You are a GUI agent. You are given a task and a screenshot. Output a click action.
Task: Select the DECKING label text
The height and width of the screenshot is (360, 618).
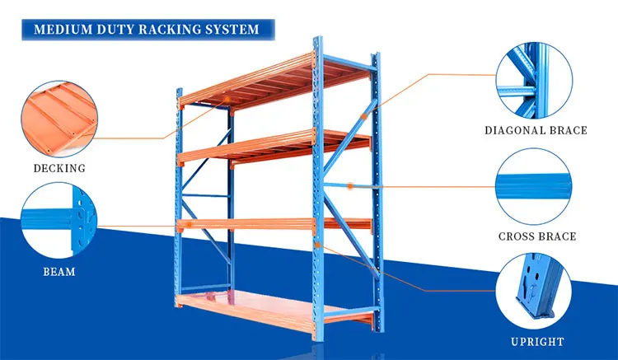click(x=59, y=169)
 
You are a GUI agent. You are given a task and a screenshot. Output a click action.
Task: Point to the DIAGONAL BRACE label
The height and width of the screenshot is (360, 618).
click(x=536, y=130)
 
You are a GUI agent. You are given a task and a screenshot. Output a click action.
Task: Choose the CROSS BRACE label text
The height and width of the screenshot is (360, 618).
click(x=537, y=236)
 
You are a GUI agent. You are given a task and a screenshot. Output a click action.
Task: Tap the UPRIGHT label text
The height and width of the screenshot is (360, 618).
click(x=536, y=341)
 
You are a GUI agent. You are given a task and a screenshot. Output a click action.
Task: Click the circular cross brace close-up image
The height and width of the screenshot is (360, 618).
click(x=536, y=185)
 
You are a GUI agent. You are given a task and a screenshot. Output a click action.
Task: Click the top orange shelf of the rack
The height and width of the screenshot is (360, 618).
click(x=272, y=82)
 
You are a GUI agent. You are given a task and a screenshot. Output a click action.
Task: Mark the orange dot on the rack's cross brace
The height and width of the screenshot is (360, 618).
click(x=350, y=186)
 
